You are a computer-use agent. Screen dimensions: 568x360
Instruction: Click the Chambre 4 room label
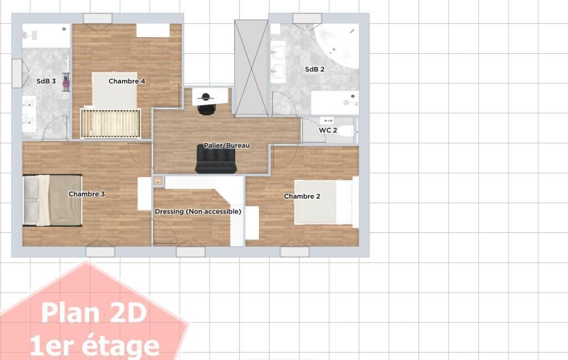pos(127,81)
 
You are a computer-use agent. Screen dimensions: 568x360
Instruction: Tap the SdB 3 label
pos(46,81)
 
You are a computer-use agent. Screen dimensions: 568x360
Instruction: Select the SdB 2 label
pos(315,69)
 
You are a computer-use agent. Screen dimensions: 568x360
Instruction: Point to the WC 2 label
pos(328,130)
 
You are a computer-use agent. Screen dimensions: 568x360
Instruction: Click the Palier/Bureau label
pos(227,145)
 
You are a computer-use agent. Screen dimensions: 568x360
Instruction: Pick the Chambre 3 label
pos(87,194)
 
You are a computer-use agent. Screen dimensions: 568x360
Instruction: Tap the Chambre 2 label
pos(302,196)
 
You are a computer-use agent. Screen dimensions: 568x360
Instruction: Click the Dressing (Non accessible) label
pos(198,211)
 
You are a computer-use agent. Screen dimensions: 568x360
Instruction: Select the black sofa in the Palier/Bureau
pos(216,159)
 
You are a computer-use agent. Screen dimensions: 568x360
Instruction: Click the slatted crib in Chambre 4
pos(110,123)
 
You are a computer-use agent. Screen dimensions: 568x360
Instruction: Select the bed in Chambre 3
pos(53,200)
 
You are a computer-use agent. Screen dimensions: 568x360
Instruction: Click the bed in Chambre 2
pos(323,202)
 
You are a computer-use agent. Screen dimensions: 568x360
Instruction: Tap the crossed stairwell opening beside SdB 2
pos(251,68)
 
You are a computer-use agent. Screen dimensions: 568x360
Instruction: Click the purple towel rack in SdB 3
pos(67,82)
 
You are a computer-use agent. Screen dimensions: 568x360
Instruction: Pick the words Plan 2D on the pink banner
pos(94,313)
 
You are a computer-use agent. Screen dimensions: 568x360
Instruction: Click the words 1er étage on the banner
pos(95,346)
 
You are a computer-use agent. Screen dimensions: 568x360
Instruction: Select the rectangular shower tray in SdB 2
pos(335,103)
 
